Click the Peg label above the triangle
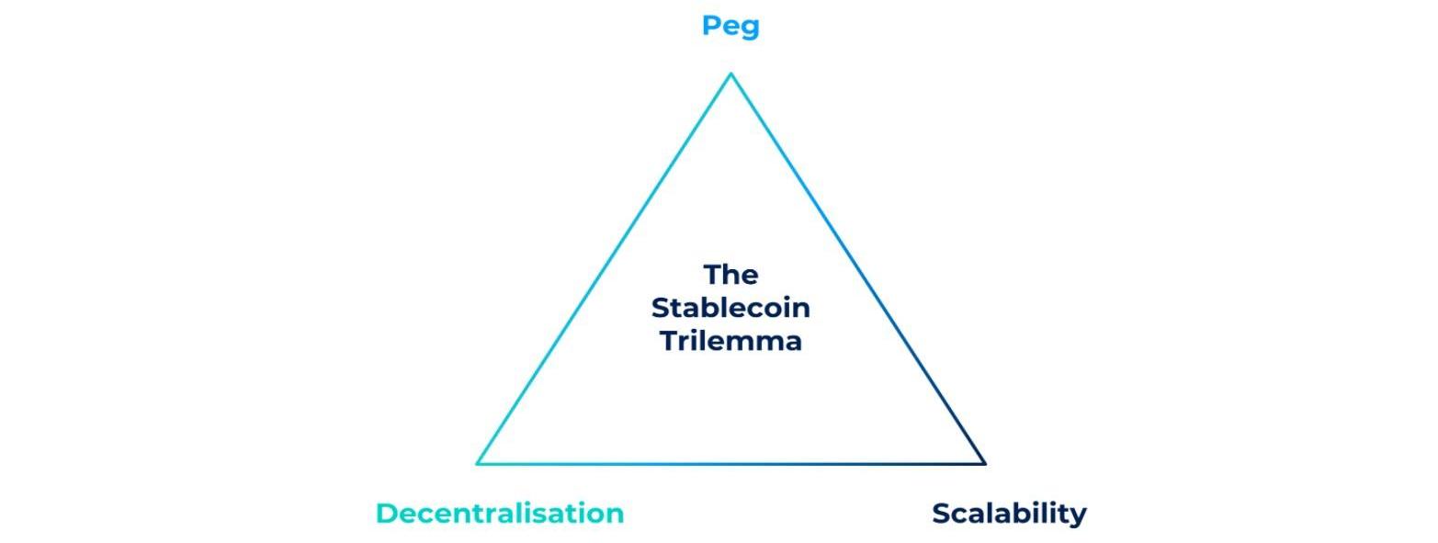click(730, 27)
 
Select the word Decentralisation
click(499, 514)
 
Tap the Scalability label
click(1009, 514)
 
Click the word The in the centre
click(730, 275)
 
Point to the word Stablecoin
click(730, 308)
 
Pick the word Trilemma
click(730, 341)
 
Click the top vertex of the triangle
click(730, 74)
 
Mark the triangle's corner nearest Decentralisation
click(478, 463)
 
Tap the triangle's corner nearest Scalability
click(984, 463)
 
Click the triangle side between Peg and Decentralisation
click(604, 268)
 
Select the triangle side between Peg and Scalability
click(857, 268)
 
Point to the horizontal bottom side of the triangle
click(730, 463)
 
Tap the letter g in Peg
click(750, 29)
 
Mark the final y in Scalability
click(1078, 517)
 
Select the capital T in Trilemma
click(669, 341)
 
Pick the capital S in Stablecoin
click(660, 308)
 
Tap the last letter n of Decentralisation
click(615, 515)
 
